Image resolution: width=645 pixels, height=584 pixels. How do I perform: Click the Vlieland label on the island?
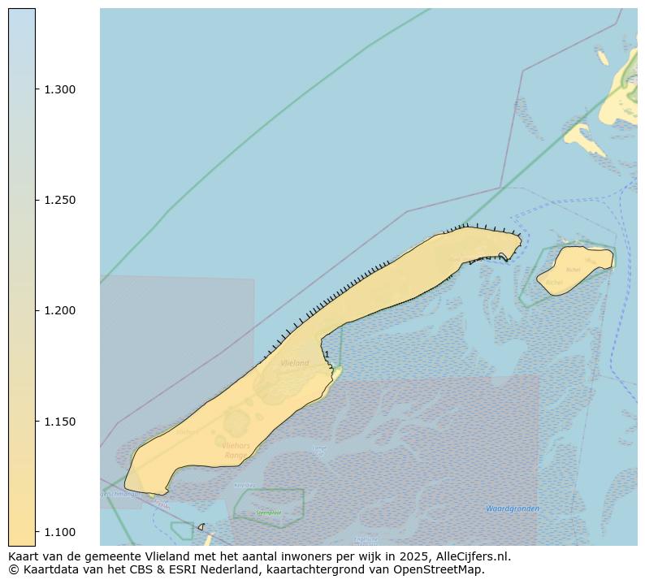point(294,363)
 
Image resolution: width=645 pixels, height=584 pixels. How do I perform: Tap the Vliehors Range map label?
point(235,450)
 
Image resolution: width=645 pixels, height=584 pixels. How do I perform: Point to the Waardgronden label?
point(512,508)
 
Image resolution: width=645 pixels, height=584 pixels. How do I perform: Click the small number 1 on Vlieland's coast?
point(326,354)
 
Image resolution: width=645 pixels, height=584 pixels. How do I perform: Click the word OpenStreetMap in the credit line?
point(445,569)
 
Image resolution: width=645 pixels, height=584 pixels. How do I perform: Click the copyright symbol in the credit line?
point(13,569)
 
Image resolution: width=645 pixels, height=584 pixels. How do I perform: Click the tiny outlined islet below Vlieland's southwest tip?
point(201,526)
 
